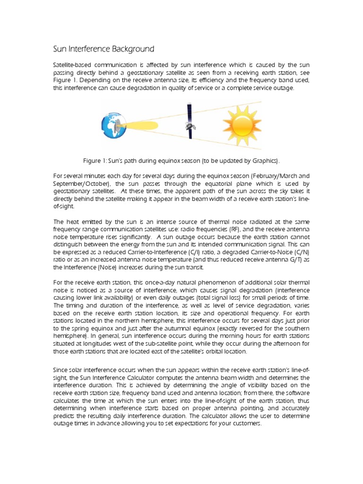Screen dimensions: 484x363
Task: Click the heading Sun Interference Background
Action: click(x=103, y=49)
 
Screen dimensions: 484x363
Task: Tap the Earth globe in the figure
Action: click(x=113, y=124)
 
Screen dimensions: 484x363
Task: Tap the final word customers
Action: click(x=244, y=423)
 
